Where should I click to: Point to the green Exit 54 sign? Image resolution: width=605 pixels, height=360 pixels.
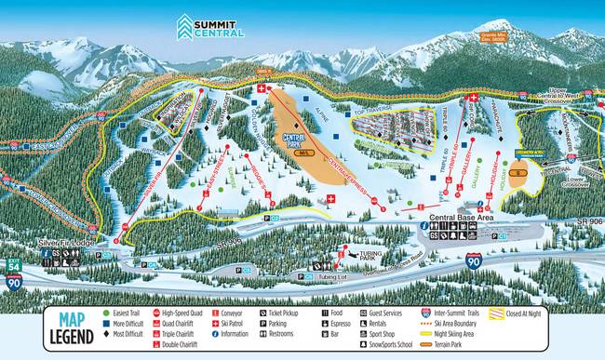14,265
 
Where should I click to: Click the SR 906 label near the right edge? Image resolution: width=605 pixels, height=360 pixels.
584,220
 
